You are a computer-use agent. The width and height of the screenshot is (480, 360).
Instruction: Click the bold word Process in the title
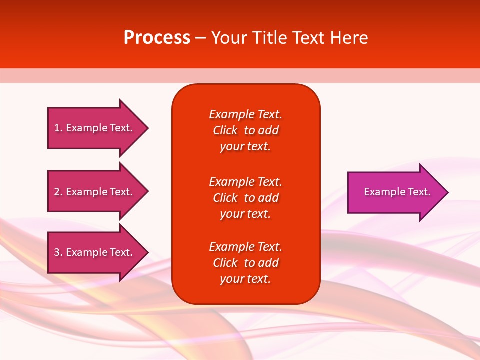click(157, 38)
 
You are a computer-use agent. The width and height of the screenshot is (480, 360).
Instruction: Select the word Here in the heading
click(349, 38)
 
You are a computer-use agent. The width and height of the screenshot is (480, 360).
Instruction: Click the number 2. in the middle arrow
click(58, 192)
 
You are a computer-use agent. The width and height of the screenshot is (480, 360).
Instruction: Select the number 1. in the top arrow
click(58, 128)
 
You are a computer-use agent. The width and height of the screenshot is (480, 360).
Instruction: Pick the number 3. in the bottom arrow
click(58, 252)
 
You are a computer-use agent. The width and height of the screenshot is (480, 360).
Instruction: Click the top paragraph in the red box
click(245, 130)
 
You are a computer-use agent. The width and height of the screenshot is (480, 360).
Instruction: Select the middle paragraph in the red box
click(245, 198)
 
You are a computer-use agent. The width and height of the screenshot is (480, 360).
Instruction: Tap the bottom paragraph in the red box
click(245, 263)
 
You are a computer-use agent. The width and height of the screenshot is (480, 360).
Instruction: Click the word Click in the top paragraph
click(225, 130)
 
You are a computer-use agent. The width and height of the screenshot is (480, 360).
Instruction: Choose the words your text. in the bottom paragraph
click(245, 279)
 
